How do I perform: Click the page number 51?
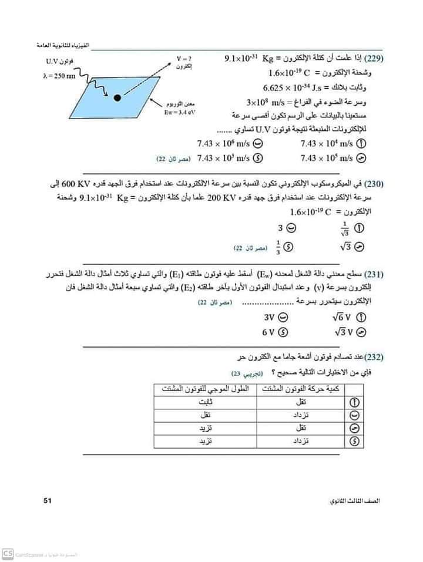[49, 500]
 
